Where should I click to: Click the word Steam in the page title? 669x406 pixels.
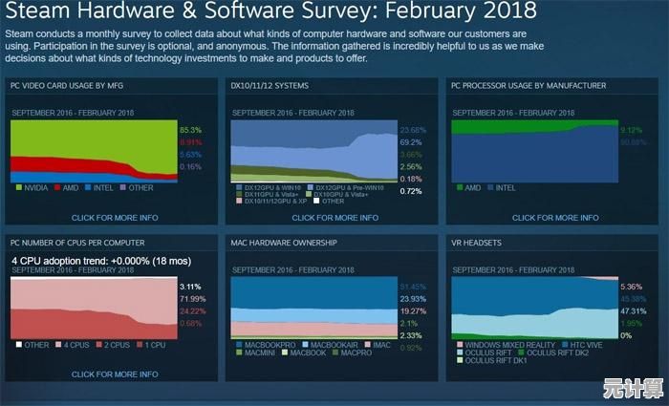coord(39,13)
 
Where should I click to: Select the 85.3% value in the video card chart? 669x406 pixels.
coord(190,128)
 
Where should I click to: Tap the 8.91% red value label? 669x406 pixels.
coord(190,140)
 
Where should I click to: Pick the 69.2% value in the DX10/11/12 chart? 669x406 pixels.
coord(412,141)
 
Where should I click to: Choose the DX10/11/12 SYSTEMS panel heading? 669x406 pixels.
coord(270,85)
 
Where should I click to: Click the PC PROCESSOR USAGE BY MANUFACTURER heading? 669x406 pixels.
coord(529,85)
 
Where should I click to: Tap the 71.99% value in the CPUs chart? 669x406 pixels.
coord(192,298)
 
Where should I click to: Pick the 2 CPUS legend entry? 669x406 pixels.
coord(116,344)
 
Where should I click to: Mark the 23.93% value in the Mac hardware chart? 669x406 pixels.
coord(413,298)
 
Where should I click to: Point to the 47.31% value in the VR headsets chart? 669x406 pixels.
coord(633,310)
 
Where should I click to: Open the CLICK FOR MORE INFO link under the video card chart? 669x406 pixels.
coord(115,218)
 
